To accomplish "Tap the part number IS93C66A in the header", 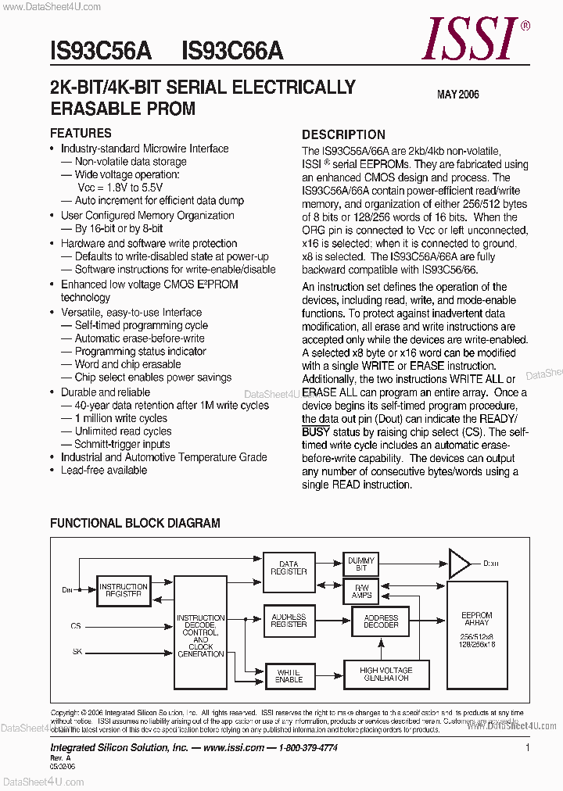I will [232, 52].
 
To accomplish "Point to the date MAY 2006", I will [457, 95].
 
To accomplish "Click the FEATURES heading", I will [81, 133].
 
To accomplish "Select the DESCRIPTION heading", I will [343, 134].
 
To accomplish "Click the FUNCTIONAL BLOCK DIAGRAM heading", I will [135, 523].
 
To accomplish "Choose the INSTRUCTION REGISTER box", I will [124, 591].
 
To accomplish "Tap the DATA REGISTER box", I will [289, 567].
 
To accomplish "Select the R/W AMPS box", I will [360, 591].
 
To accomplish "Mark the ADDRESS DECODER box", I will [381, 621].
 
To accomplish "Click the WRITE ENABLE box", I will [289, 675].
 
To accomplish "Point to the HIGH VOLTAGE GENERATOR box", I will [385, 675].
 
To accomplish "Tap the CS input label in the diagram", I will [75, 625].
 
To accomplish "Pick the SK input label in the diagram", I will [76, 650].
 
